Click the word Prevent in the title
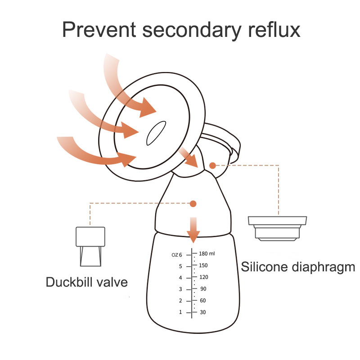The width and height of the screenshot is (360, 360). coord(99,29)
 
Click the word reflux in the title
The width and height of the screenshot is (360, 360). coord(274,29)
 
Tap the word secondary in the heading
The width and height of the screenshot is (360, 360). coord(192,31)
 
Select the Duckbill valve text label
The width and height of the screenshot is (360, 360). coord(87,282)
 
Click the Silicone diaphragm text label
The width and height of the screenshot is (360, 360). coord(298,267)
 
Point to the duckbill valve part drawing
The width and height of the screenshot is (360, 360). coord(90,246)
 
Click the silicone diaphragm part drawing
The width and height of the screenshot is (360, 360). coord(277,229)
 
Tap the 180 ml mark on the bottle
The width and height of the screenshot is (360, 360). coord(207,254)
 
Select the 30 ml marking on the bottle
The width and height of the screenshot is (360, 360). coord(203,312)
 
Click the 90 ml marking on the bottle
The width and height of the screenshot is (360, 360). coord(203,289)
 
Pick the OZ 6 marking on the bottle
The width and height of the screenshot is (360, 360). coord(177,255)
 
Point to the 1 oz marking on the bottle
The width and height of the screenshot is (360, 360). coord(180,312)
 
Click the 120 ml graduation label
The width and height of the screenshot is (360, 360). coord(204,277)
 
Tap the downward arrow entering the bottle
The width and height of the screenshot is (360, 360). coord(193,230)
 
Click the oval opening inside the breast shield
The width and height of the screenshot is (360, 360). coord(156,133)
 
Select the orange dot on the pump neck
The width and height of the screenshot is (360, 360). coord(193,204)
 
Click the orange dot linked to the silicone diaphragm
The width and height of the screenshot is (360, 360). coord(213,165)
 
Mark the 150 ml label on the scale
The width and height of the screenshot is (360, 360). coord(203,265)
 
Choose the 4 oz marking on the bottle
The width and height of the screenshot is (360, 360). coord(180,278)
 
